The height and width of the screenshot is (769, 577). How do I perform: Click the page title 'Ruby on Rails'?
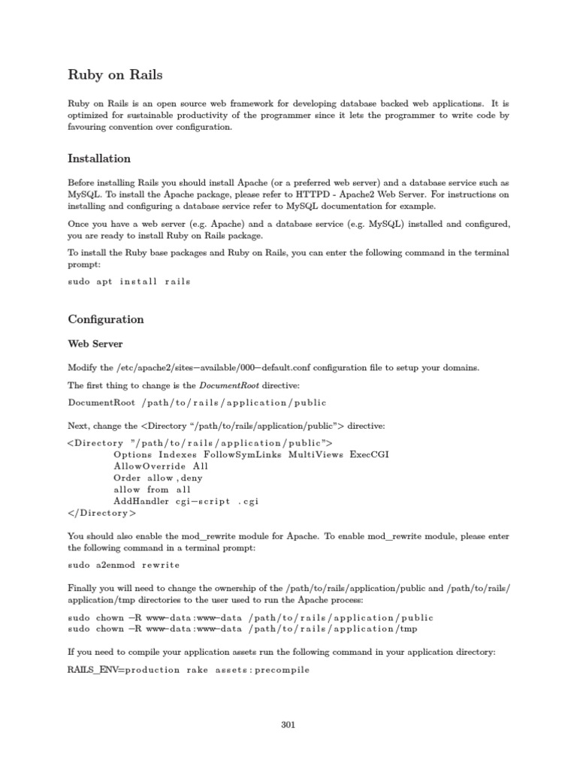[115, 75]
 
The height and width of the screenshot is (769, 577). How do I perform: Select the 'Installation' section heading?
[99, 159]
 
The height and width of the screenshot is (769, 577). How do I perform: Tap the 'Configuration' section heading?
[105, 319]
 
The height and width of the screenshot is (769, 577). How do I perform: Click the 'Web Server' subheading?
[95, 344]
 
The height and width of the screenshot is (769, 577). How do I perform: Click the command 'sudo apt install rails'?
[129, 282]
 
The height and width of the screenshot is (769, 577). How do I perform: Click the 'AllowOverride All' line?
[161, 466]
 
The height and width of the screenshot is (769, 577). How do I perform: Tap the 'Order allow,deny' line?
[158, 478]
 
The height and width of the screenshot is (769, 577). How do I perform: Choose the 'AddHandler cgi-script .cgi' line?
[186, 502]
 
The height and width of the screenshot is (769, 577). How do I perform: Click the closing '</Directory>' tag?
[102, 514]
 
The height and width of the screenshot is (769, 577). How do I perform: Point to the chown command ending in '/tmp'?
[242, 629]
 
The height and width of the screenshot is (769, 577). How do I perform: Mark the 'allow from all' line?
[153, 490]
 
